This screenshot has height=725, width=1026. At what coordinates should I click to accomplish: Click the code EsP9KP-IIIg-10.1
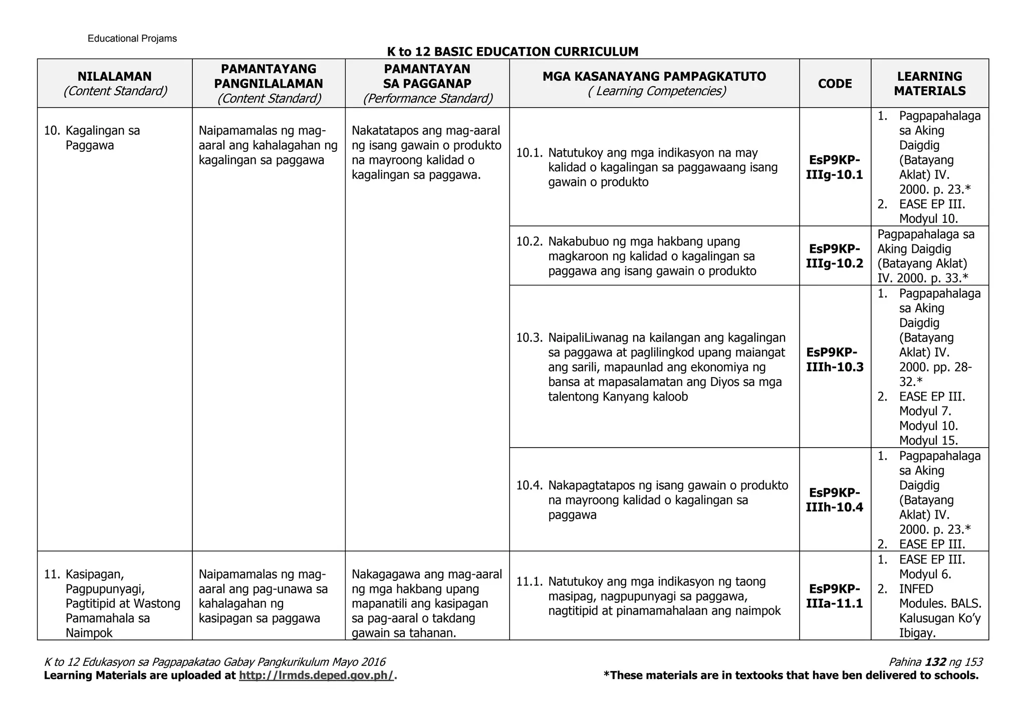835,167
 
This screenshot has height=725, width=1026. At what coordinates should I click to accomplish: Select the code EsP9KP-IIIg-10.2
835,256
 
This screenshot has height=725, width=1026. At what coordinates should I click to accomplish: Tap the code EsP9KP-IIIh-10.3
835,359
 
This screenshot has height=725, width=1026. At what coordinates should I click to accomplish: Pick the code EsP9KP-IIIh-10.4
835,500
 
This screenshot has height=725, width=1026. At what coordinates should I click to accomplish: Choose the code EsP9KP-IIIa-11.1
835,596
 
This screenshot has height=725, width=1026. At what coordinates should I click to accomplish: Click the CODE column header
835,84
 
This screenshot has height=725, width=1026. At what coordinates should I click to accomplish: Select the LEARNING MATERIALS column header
929,84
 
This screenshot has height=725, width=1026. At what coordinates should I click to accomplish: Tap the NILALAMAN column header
114,77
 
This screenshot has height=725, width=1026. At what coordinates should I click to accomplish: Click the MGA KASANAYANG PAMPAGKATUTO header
654,77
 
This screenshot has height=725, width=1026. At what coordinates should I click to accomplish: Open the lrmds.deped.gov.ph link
317,675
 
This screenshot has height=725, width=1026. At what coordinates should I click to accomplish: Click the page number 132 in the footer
935,662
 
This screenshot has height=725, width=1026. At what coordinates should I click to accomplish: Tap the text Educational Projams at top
132,39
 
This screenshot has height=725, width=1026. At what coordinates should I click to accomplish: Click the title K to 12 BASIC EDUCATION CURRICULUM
512,52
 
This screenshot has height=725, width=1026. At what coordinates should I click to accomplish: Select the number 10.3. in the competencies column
529,338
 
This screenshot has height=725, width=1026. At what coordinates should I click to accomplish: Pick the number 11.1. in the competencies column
529,582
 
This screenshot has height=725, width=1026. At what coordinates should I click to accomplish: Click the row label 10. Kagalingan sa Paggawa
93,138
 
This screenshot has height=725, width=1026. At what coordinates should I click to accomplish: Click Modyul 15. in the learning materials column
928,441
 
